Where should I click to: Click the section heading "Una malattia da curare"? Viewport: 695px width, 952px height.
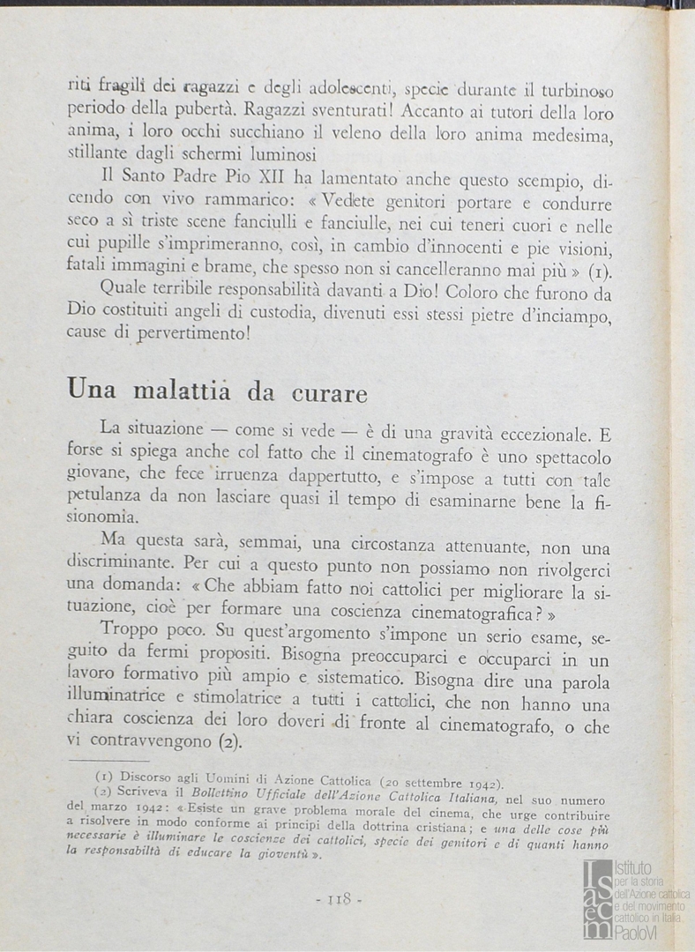click(x=217, y=389)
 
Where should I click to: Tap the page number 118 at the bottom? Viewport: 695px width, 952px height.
click(x=339, y=899)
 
